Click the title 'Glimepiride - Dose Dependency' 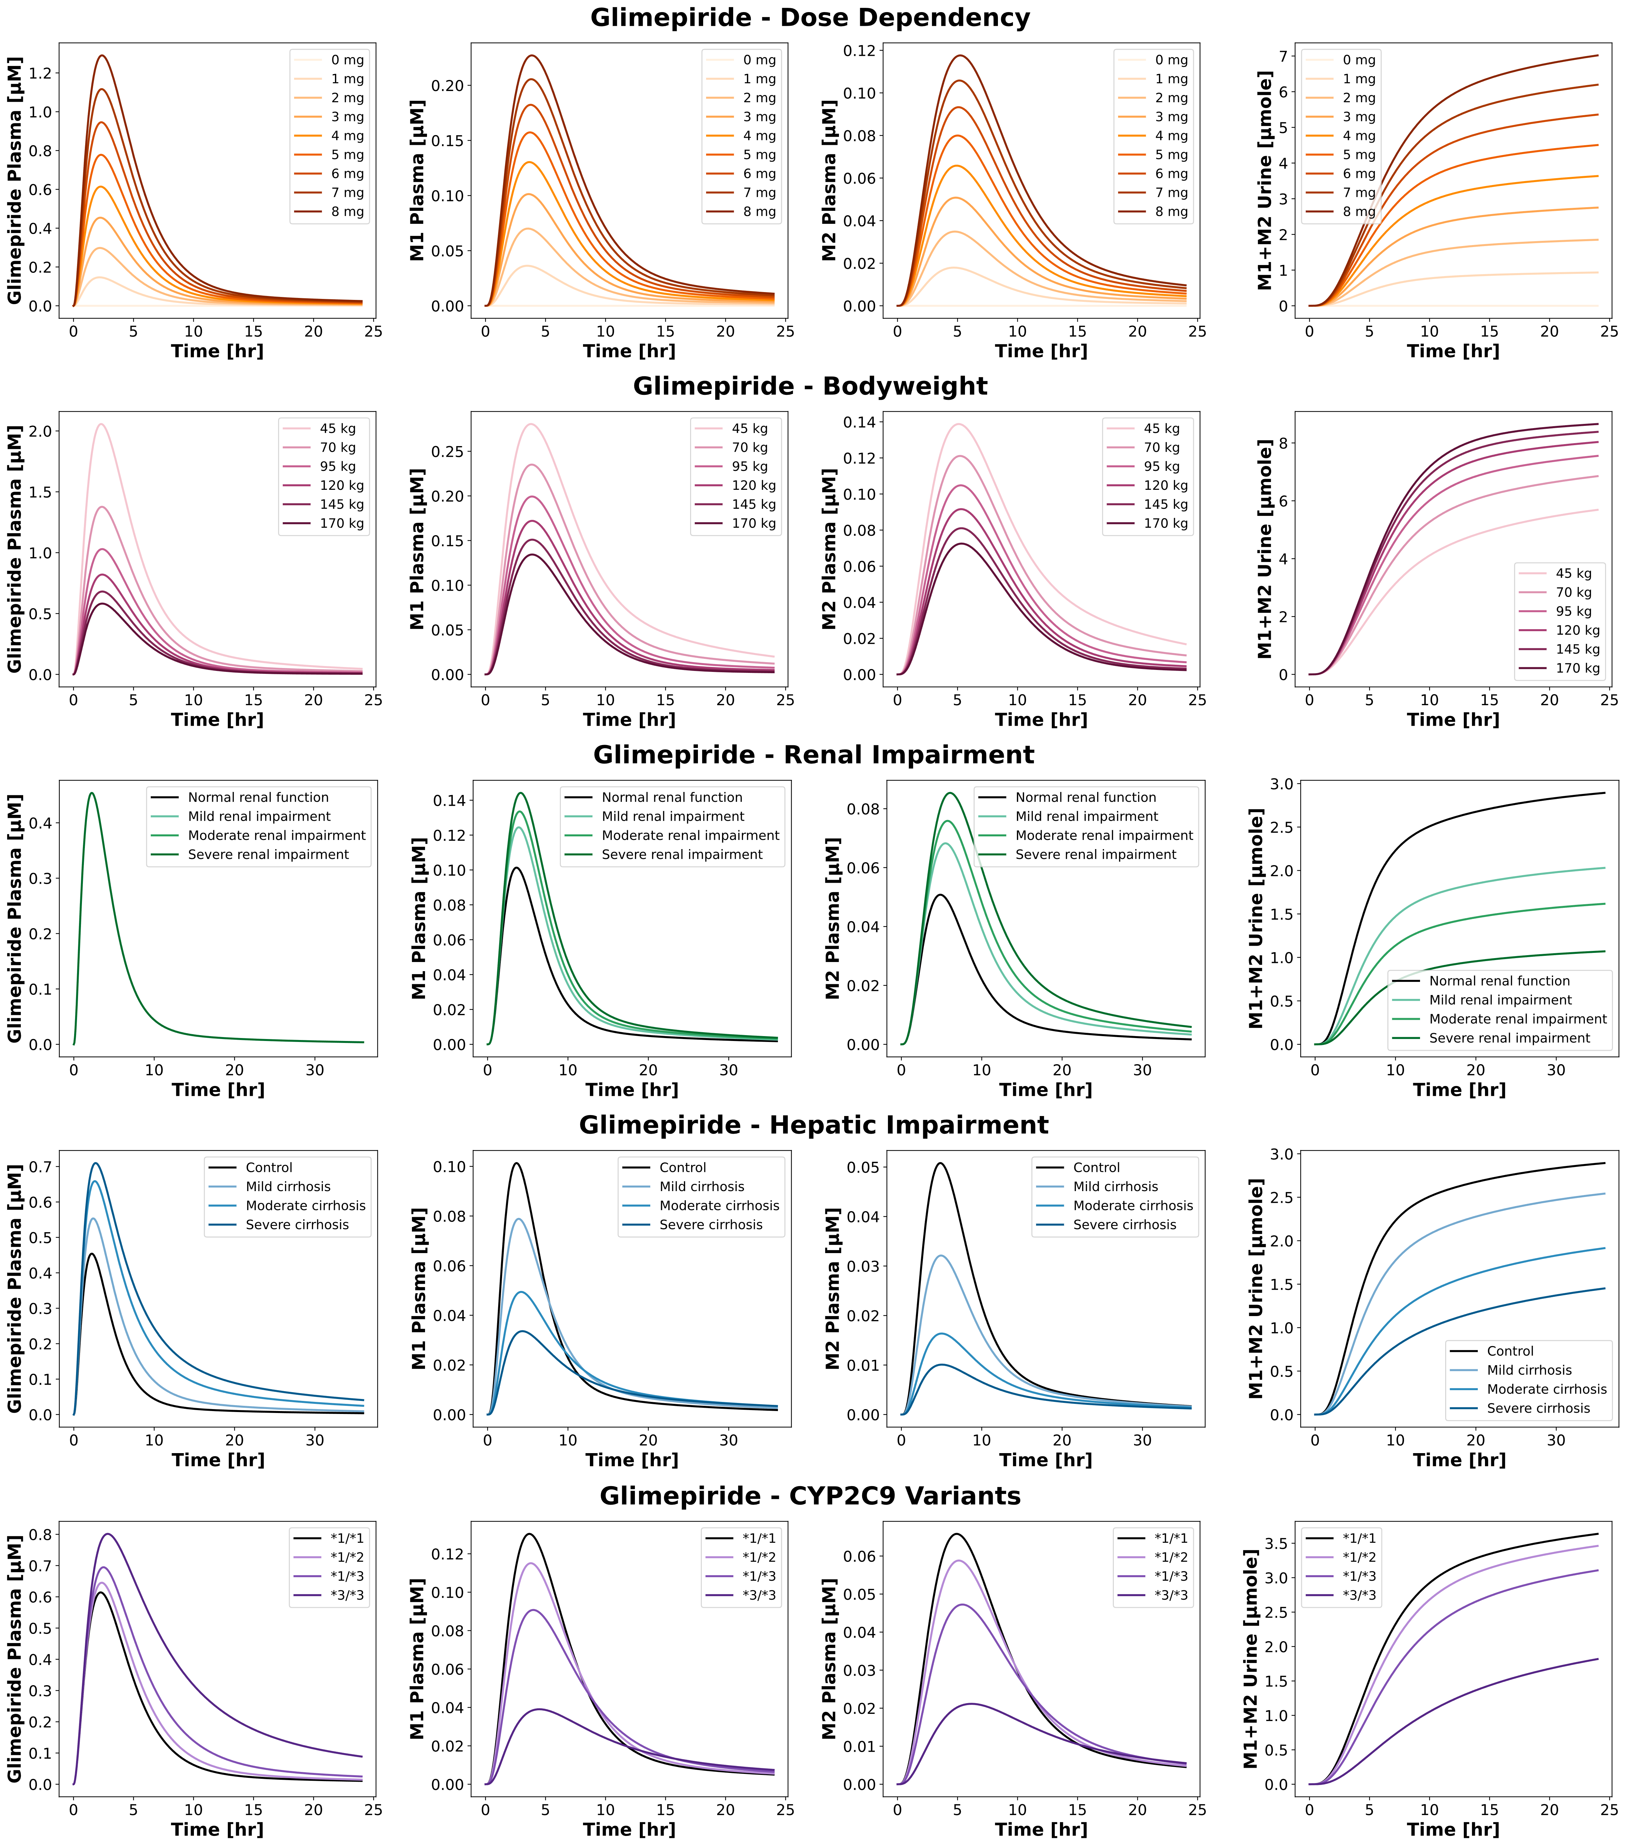[810, 18]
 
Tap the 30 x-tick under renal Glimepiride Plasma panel [315, 1070]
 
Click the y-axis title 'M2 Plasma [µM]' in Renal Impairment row [832, 918]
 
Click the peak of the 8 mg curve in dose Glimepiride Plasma [102, 56]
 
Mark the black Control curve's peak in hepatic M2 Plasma [940, 1163]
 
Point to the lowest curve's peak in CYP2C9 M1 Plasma [540, 1709]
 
